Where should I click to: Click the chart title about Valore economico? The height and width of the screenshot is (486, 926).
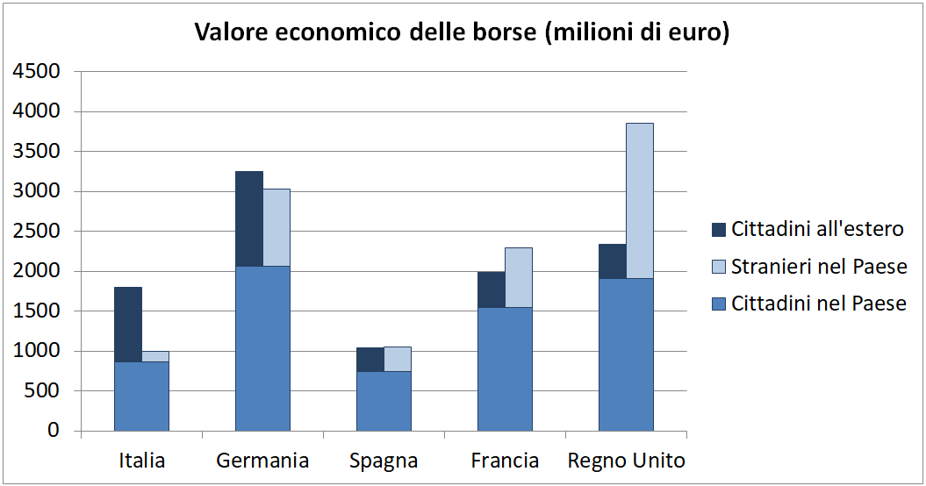pos(462,32)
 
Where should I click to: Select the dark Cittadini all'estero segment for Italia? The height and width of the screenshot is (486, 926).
pos(128,324)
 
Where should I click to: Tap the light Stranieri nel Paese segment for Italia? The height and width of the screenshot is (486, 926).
pos(155,356)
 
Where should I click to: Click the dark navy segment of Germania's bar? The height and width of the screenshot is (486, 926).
pos(249,218)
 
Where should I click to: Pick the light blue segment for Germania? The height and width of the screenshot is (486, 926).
pos(276,227)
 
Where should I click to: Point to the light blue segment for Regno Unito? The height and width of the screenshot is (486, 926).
pos(640,200)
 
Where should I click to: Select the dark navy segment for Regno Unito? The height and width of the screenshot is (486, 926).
pos(613,261)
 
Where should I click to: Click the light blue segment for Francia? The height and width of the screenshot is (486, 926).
pos(519,277)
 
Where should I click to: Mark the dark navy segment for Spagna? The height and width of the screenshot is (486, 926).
pos(370,360)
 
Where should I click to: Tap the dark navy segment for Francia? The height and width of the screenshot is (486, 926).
pos(492,289)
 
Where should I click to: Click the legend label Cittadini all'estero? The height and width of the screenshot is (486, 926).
pos(817,229)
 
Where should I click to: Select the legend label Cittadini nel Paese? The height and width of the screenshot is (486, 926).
pos(818,304)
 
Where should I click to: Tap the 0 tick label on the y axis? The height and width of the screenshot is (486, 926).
pos(54,431)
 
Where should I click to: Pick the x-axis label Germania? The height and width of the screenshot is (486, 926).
pos(262,461)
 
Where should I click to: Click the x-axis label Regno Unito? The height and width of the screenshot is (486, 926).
pos(627,461)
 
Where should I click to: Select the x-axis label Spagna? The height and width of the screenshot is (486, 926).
pos(384,461)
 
